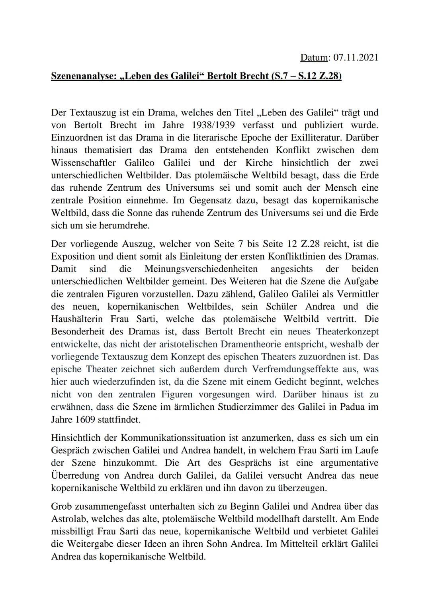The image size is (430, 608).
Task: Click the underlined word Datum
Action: (313, 57)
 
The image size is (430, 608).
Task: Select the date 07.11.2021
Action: (356, 57)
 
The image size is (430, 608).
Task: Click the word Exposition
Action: (72, 256)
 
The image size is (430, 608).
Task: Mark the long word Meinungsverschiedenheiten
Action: (201, 269)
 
